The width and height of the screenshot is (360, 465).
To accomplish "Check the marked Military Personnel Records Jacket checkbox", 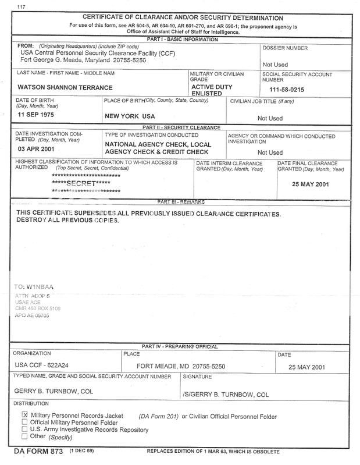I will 24,414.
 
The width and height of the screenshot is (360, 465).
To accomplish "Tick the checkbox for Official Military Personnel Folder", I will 24,422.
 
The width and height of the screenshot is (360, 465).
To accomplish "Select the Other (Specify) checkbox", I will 24,436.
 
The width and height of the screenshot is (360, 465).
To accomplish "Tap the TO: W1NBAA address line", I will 37,286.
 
